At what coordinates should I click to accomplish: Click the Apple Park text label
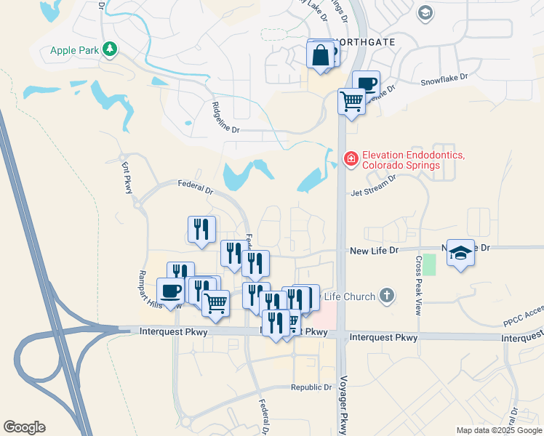73,50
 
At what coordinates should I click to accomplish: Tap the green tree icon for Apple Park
111,49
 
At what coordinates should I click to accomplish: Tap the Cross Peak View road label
418,284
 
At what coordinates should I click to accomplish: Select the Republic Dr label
311,387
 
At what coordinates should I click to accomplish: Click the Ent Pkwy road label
129,177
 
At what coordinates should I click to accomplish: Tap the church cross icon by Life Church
387,296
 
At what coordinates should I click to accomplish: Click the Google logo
24,427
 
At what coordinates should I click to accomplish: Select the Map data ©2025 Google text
499,430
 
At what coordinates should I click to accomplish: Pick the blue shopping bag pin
320,56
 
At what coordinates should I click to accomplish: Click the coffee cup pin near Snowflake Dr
366,84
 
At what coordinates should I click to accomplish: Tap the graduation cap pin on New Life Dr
460,254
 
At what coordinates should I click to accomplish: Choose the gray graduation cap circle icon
425,13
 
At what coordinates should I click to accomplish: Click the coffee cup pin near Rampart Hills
171,291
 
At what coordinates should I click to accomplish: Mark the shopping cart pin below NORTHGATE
351,102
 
